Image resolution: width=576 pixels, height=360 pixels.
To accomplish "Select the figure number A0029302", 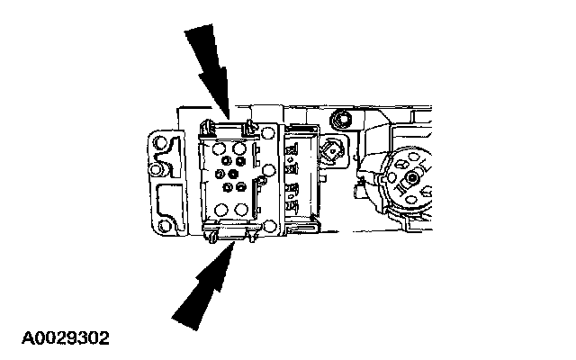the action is [59, 338].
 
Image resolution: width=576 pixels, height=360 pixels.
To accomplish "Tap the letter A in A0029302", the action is [15, 338].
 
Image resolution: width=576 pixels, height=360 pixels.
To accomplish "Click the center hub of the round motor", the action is [413, 177].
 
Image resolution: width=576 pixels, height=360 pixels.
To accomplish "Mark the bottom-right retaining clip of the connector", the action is [253, 235].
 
